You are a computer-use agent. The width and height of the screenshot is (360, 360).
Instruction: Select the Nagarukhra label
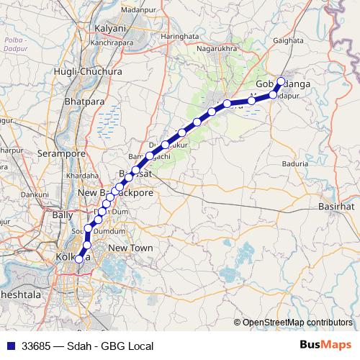[217, 50]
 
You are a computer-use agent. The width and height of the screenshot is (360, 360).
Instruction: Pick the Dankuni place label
[34, 194]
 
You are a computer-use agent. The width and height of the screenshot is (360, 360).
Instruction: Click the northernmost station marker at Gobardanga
[281, 81]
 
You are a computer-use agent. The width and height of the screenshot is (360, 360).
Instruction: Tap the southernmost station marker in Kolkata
[78, 259]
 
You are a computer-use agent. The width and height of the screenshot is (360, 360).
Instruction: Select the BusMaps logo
[326, 345]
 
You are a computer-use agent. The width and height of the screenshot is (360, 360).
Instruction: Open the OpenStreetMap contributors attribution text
[297, 323]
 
